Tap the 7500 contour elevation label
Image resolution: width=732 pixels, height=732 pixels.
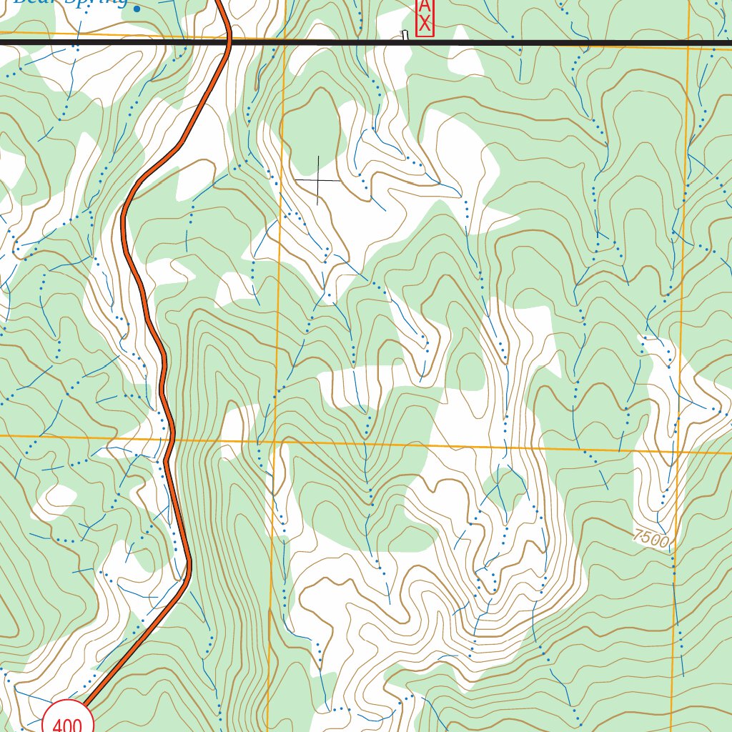coord(651,538)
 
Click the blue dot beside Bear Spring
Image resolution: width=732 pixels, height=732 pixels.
coord(137,9)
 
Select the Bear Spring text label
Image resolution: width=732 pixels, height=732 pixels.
coord(71,2)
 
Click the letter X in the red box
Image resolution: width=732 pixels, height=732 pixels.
coord(425,24)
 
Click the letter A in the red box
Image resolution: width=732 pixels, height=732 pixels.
coord(425,5)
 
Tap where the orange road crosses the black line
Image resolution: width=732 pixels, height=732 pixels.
coord(229,43)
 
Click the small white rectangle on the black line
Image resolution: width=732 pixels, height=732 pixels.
coord(405,35)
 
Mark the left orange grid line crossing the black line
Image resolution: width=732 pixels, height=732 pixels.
coord(284,43)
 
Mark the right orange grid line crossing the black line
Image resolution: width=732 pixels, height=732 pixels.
coord(689,43)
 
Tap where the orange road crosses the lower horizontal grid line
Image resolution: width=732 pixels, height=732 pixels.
coord(172,437)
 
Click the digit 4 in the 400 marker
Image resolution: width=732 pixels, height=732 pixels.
coord(57,726)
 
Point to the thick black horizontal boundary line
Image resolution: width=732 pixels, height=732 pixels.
coord(500,43)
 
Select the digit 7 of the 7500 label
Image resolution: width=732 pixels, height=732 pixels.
coord(637,533)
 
